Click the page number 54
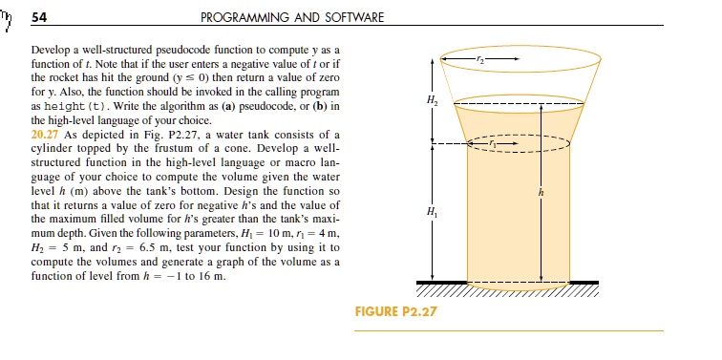click(x=40, y=17)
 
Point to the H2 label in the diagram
click(x=435, y=99)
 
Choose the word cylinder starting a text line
click(x=53, y=174)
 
